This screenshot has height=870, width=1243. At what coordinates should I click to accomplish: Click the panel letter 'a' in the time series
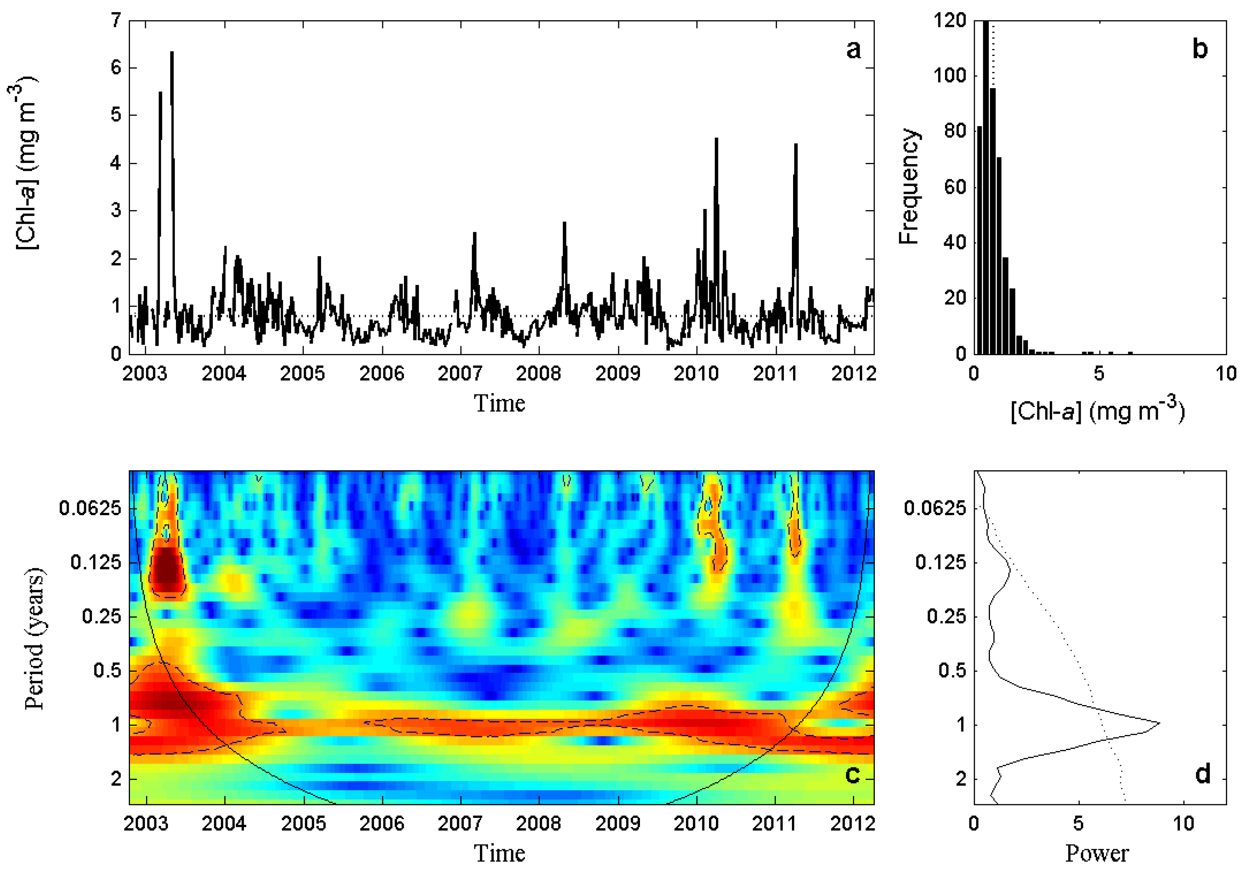853,50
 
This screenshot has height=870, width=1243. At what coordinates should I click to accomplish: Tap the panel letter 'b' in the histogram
1200,49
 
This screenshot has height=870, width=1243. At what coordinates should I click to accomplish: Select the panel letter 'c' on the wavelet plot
852,775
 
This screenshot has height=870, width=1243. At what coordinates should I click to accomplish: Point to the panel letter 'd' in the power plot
1202,775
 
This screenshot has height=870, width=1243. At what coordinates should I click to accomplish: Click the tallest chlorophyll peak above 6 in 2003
172,53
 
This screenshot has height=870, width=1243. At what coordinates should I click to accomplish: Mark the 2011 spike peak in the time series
795,145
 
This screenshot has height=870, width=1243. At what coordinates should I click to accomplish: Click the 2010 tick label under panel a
696,373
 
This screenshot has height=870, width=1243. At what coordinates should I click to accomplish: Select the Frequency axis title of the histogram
909,187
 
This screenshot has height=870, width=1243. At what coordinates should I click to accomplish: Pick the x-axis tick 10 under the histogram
1226,373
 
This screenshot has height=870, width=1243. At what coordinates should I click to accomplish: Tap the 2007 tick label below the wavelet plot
460,823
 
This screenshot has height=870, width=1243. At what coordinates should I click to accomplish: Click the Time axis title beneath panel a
499,403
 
